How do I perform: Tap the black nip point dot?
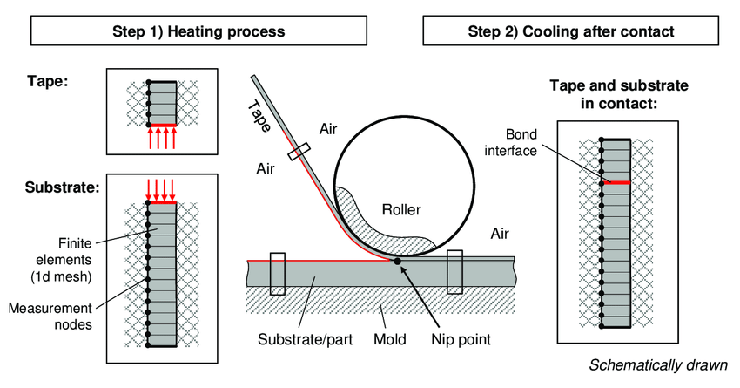coord(397,261)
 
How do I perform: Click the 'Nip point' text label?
coord(461,339)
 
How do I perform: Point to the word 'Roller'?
coord(401,209)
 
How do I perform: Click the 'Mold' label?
coord(390,339)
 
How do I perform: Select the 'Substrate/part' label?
coord(305,339)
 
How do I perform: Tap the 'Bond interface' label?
coord(511,142)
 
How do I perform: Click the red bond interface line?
coord(616,182)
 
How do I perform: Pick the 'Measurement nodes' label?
coord(50,317)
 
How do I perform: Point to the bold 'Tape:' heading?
coord(48,81)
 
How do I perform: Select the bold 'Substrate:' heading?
coord(63,187)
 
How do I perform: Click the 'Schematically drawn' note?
coord(658,364)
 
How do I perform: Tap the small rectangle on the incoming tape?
coord(299,152)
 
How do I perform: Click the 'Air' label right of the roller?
coord(500,234)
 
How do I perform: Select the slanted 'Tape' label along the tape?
coord(259,116)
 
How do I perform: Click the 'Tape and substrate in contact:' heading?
coord(619,94)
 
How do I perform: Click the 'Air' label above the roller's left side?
coord(328,129)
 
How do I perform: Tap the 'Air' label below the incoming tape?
coord(266,169)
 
